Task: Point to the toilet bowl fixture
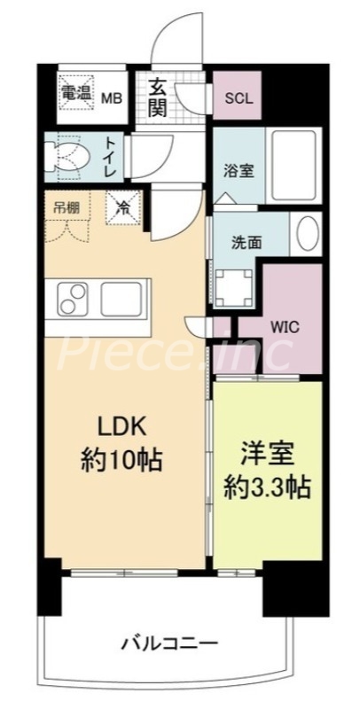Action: tap(67, 156)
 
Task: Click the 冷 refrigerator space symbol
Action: tap(122, 208)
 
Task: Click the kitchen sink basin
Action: tap(122, 300)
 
